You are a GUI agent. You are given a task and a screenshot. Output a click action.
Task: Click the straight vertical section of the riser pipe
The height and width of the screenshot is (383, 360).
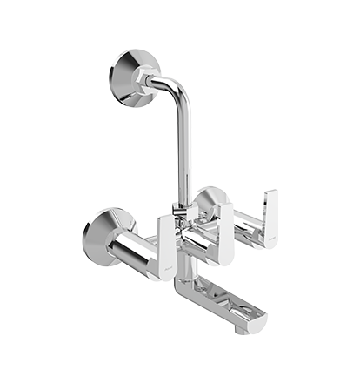tap(183, 148)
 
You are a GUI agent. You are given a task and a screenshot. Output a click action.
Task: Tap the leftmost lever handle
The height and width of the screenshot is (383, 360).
tap(167, 245)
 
